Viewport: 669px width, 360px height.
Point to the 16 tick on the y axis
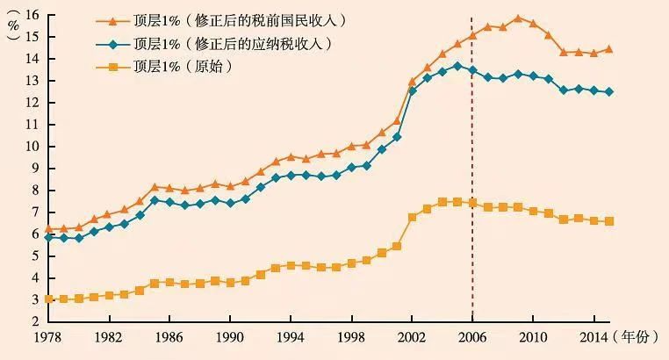pyautogui.click(x=32, y=15)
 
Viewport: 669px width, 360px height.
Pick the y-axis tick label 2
pyautogui.click(x=34, y=322)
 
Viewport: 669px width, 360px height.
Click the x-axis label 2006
pyautogui.click(x=472, y=337)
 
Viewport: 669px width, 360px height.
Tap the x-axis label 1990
pyautogui.click(x=230, y=337)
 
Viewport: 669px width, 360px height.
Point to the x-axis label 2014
pyautogui.click(x=593, y=337)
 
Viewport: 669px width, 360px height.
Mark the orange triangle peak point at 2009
pyautogui.click(x=518, y=18)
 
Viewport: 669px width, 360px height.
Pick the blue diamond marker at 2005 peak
pyautogui.click(x=457, y=65)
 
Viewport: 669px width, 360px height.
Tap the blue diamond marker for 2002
pyautogui.click(x=412, y=90)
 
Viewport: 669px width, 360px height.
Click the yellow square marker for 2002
pyautogui.click(x=412, y=217)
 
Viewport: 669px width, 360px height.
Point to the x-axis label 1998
pyautogui.click(x=351, y=337)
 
